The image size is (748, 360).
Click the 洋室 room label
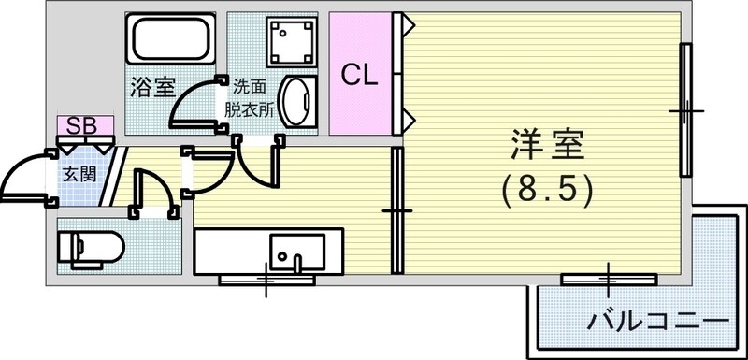[x=547, y=149]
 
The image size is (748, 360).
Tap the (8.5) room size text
[x=547, y=192]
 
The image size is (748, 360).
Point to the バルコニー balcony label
[x=657, y=323]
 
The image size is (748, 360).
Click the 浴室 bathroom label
[x=152, y=89]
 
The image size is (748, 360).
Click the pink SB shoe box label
[x=83, y=124]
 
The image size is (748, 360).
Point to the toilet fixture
[x=90, y=248]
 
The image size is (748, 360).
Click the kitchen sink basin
[x=295, y=251]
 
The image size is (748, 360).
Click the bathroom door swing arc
[x=193, y=101]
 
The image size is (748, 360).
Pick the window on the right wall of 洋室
[x=685, y=109]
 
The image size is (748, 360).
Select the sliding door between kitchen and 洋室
[x=396, y=211]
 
